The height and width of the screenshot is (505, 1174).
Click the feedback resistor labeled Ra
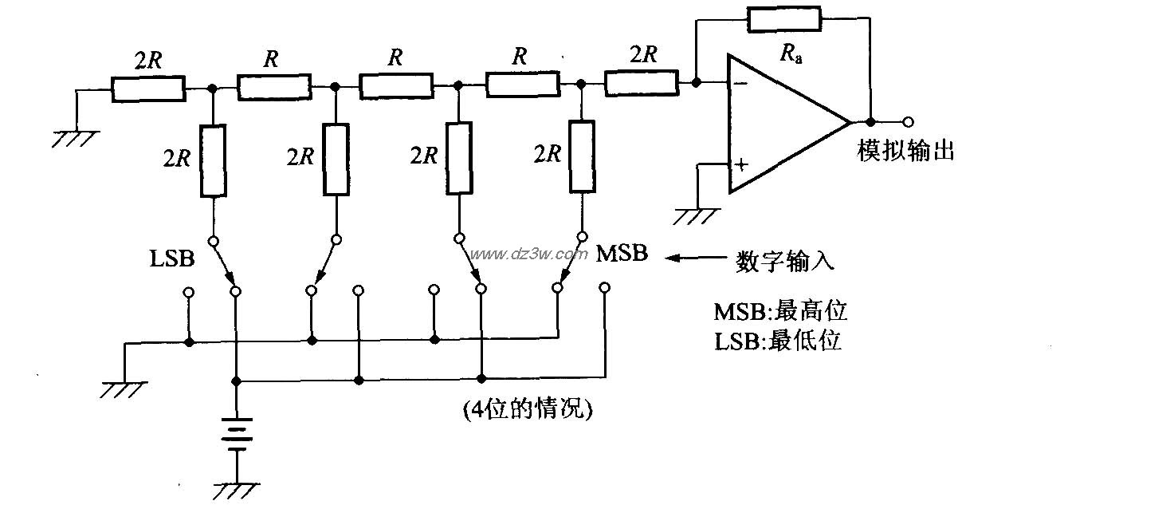(x=783, y=19)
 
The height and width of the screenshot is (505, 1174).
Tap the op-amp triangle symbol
(x=785, y=123)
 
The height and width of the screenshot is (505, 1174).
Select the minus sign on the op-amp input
(x=741, y=82)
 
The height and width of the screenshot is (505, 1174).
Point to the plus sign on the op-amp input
(x=742, y=165)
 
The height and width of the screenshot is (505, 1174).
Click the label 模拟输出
(x=905, y=151)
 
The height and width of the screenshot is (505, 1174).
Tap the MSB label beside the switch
(x=622, y=254)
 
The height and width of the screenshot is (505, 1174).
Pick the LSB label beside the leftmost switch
(x=171, y=258)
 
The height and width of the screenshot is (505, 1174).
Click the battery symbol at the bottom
(x=236, y=434)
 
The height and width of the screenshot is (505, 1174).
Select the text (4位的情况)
(x=528, y=410)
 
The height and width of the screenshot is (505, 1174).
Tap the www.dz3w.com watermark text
(x=528, y=254)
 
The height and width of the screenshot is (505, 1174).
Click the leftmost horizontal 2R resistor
(x=148, y=89)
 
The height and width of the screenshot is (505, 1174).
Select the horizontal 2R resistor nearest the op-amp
(x=642, y=82)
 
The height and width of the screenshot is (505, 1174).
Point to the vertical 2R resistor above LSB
(x=213, y=160)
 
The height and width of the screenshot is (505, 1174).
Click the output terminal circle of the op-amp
(x=907, y=122)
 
